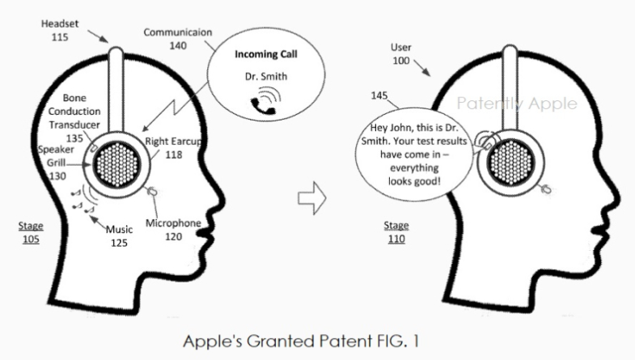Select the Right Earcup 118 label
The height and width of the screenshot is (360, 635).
[174, 148]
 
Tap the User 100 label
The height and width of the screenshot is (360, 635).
[402, 54]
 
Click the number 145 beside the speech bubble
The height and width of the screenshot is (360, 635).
[379, 95]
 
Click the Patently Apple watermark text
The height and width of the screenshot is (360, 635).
[517, 104]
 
